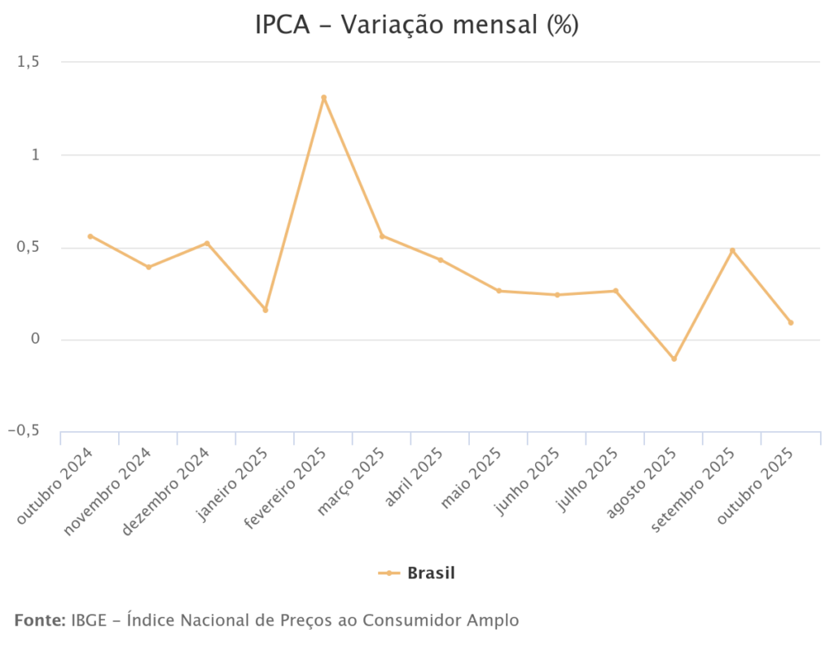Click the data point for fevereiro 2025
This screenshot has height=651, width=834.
click(323, 98)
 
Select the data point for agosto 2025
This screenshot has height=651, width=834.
click(674, 358)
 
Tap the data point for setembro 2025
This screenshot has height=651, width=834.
click(732, 251)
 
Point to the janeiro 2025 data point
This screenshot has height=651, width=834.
click(266, 310)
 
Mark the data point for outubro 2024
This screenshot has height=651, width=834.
click(90, 236)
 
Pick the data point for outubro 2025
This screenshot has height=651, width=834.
click(791, 323)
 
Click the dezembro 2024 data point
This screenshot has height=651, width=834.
click(207, 244)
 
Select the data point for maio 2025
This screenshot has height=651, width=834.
click(498, 291)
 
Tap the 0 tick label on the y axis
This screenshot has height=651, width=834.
click(35, 339)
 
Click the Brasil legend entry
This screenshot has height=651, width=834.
click(417, 573)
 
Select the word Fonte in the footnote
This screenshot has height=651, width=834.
click(39, 621)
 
